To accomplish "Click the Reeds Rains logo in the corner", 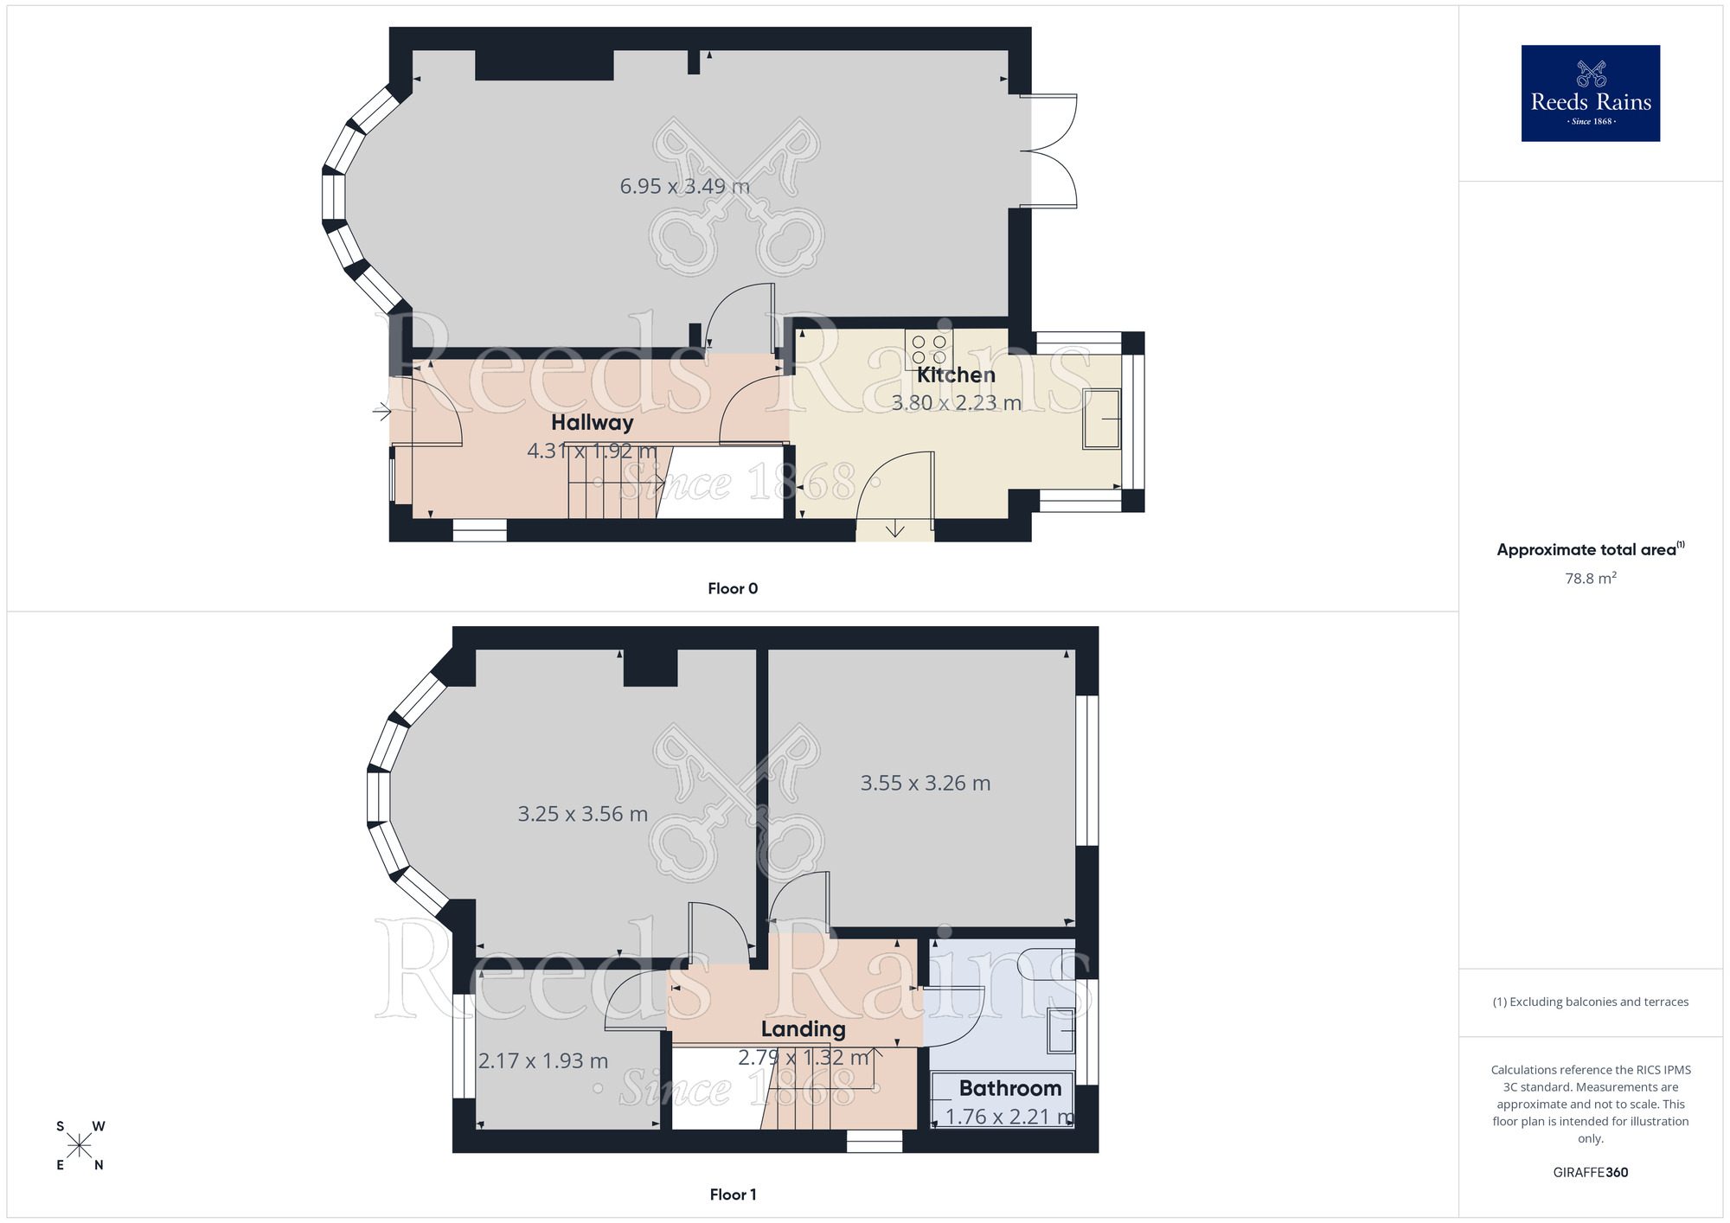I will (1590, 93).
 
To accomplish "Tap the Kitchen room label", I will (956, 375).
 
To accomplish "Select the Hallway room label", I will (593, 423).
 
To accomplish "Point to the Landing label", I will (803, 1029).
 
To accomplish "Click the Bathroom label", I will (1009, 1088).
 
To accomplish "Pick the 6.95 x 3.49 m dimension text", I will (684, 186).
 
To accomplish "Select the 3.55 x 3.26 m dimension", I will (925, 784).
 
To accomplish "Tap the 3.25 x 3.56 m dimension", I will (582, 814).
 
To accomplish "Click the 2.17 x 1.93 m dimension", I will (543, 1061).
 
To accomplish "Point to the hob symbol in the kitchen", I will (929, 349).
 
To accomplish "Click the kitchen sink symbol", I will (1102, 419).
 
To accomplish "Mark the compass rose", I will (80, 1146).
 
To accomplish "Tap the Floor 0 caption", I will (733, 589).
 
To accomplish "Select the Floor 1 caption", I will (733, 1194).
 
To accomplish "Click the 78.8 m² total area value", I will (1590, 579).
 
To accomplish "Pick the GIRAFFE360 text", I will (1590, 1173).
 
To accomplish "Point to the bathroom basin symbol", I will (1060, 1030).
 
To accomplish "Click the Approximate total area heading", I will (1590, 550).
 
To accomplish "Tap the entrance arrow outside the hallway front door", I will (381, 412).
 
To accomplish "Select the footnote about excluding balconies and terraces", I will (1590, 1002).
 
